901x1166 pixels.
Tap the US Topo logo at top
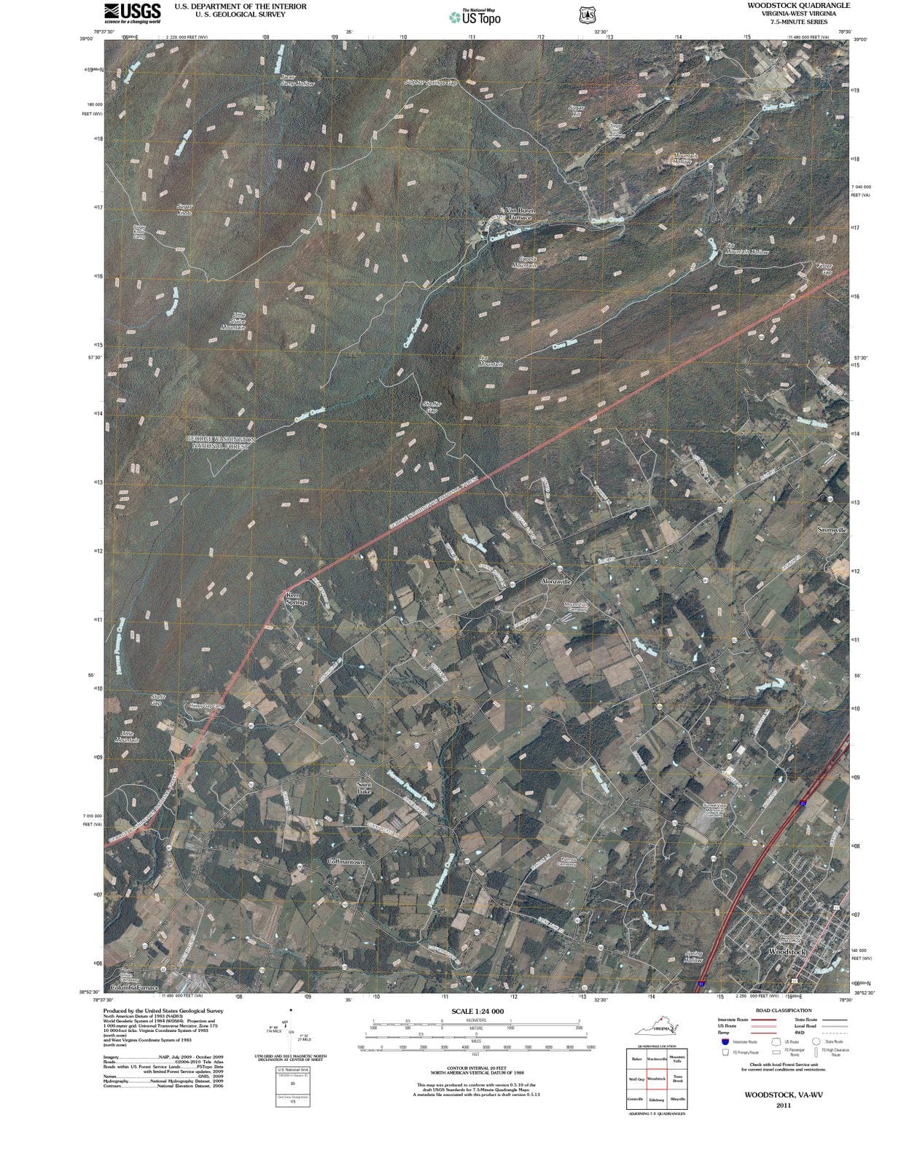(475, 17)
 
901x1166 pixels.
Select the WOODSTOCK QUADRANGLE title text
(788, 5)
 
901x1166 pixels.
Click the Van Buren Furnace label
(520, 214)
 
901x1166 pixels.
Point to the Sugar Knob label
(184, 210)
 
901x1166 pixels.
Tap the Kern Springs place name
(297, 599)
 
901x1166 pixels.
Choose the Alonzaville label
(556, 582)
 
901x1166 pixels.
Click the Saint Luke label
(364, 788)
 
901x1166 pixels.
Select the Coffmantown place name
(346, 861)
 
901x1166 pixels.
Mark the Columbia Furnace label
(135, 987)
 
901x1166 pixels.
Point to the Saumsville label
(831, 530)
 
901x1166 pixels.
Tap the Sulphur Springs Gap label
(430, 83)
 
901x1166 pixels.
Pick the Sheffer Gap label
(431, 407)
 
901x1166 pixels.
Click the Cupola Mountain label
(524, 262)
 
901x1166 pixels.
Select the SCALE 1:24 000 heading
(477, 1012)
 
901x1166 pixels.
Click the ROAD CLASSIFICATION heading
(783, 1010)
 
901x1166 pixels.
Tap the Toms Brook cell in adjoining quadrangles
(677, 1079)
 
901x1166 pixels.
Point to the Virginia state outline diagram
(655, 1029)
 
